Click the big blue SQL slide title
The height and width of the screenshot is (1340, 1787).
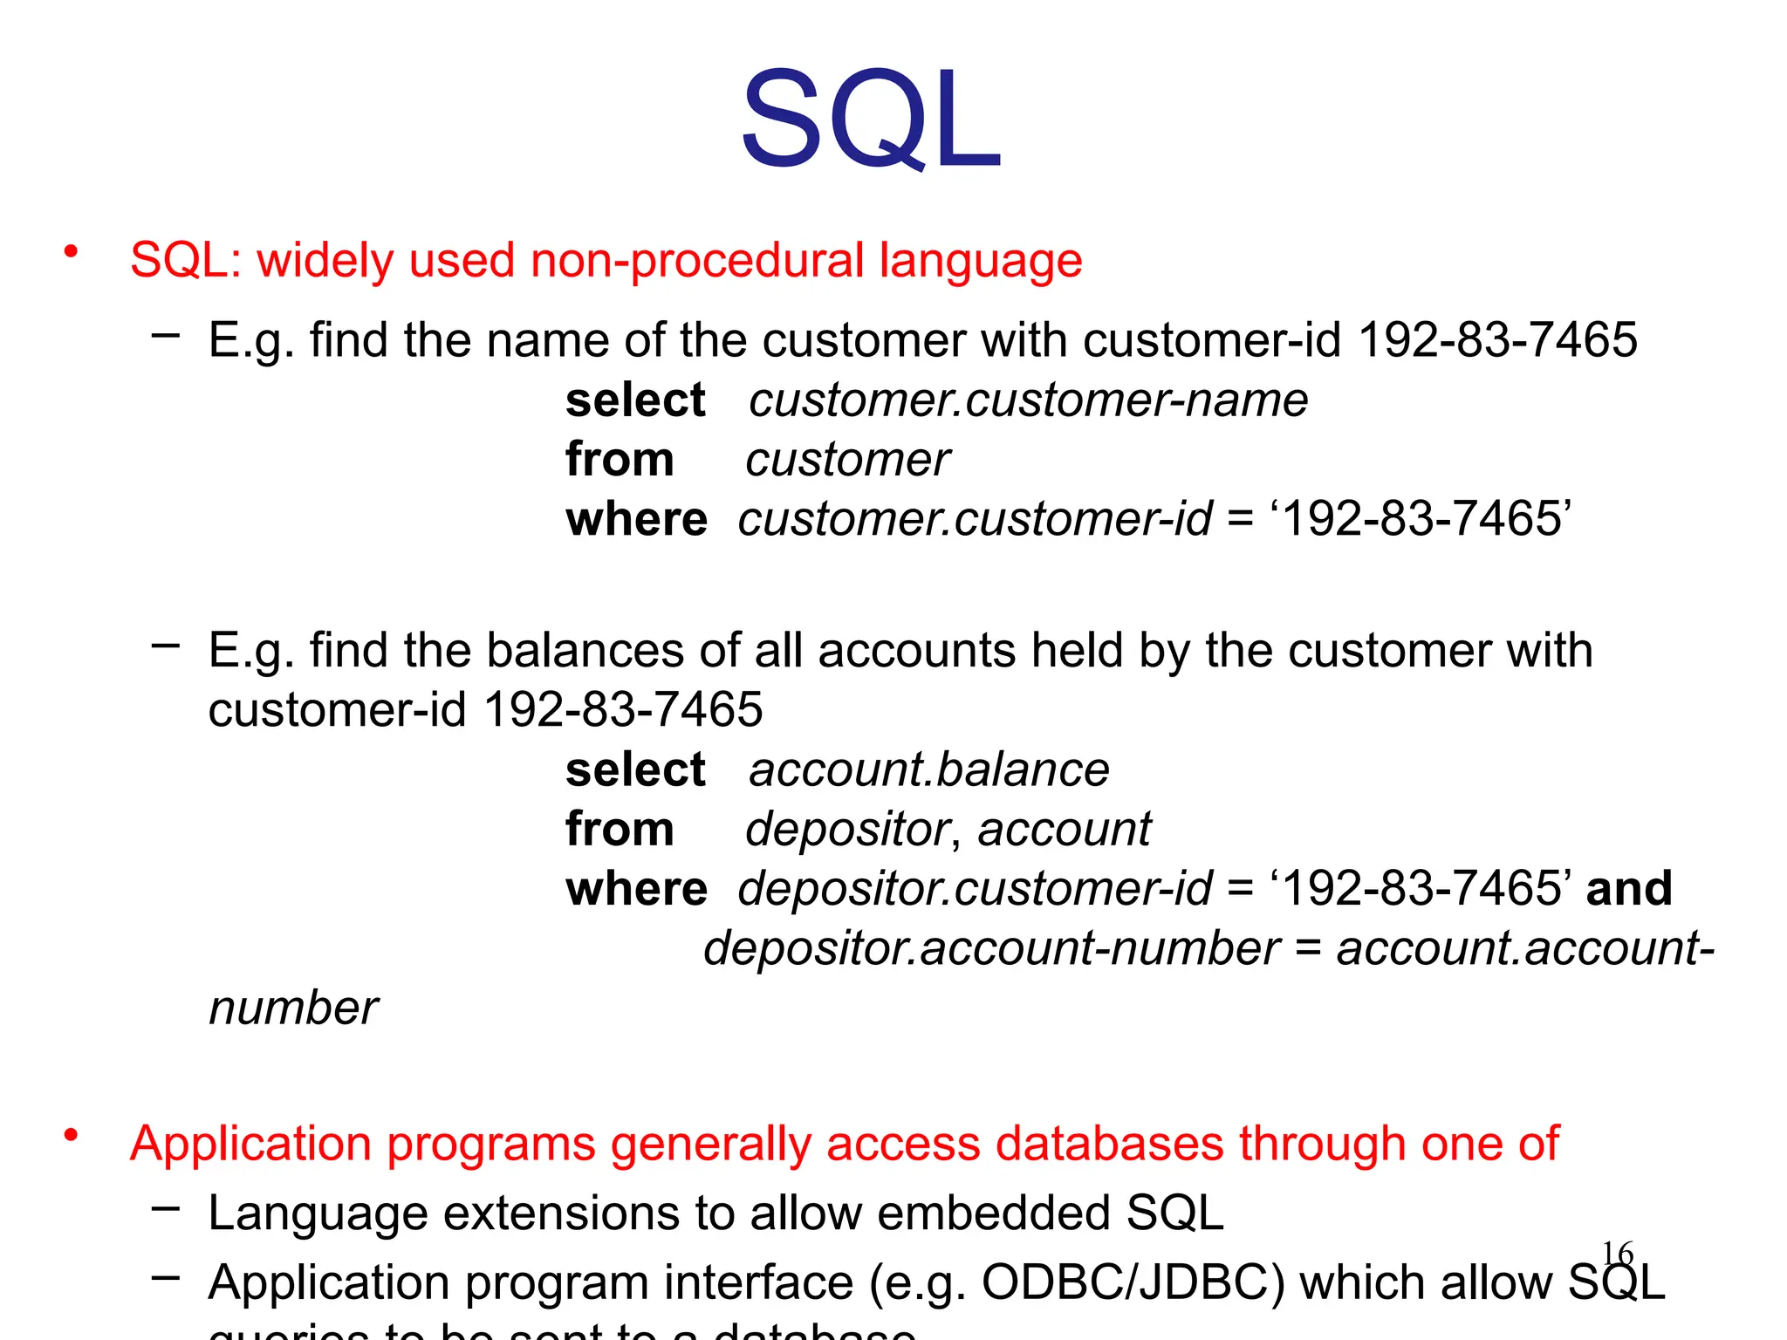point(871,120)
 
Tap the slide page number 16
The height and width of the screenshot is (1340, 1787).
point(1617,1255)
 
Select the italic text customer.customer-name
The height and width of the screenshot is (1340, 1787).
point(1028,400)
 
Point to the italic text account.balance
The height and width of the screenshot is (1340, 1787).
point(928,770)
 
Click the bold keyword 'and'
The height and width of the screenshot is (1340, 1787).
point(1628,889)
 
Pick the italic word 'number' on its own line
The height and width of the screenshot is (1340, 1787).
point(293,1008)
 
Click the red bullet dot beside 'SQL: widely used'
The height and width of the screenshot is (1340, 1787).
point(71,252)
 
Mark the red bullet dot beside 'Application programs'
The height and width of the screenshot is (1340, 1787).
point(71,1135)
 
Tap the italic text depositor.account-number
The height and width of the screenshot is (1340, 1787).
point(991,949)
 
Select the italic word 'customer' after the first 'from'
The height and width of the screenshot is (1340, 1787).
point(847,460)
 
